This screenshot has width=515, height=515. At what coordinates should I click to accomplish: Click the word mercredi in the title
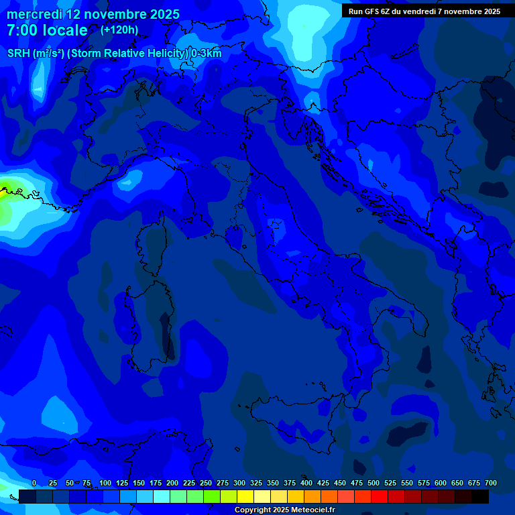click(x=34, y=14)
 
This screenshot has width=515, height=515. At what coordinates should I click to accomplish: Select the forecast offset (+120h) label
click(x=119, y=30)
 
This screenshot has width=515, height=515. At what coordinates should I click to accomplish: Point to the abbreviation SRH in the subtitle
click(x=19, y=54)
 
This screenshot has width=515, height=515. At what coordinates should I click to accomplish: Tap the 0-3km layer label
click(x=207, y=54)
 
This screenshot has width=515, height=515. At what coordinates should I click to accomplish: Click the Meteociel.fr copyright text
click(x=284, y=510)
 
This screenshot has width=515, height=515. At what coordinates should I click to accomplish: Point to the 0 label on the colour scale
click(x=34, y=483)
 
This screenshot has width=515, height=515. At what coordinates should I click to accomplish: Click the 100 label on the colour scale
click(x=105, y=483)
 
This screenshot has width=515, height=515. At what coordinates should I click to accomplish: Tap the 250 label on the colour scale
click(x=206, y=483)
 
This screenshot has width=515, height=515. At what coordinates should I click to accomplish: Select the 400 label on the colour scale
click(x=306, y=483)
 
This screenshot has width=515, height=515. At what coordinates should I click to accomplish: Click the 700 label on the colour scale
click(x=491, y=483)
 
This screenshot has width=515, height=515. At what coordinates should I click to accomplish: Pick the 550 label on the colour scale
click(x=407, y=483)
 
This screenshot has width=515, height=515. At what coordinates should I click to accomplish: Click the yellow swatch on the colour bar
click(x=245, y=497)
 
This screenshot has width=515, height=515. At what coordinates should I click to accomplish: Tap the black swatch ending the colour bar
click(x=480, y=497)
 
